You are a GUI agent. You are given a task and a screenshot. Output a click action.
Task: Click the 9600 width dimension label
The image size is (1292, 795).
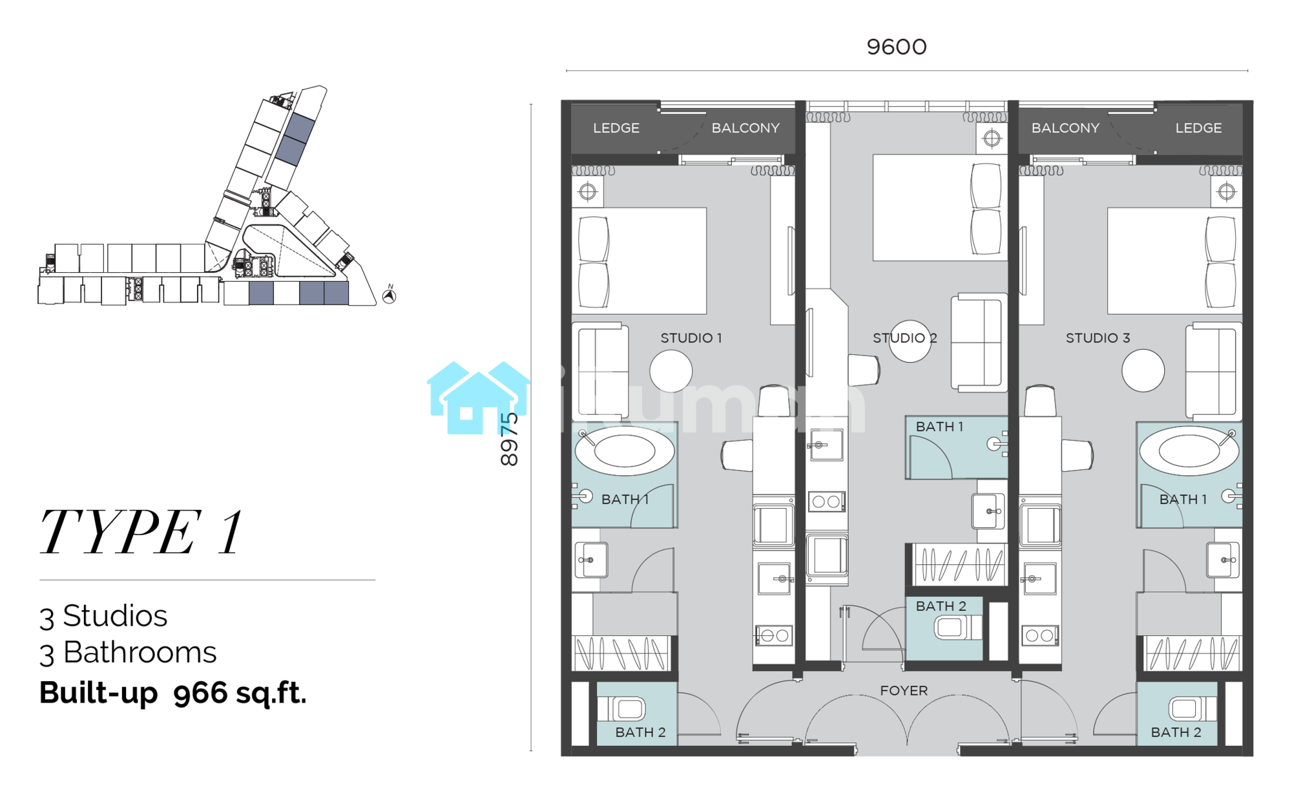pos(897,47)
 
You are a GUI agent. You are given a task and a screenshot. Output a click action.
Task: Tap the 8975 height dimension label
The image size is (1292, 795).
pos(510,440)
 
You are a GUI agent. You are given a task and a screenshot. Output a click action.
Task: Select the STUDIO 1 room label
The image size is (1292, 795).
pos(691,338)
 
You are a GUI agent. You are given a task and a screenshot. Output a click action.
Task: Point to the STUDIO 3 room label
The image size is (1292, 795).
pos(1098,338)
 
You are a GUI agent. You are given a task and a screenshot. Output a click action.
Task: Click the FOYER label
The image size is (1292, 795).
pos(904,691)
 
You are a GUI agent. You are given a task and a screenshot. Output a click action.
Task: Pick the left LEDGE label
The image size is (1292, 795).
pos(616,128)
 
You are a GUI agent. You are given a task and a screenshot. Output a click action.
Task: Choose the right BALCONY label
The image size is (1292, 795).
pos(1065,128)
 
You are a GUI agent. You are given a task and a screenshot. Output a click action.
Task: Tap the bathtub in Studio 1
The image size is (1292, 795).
pos(625,450)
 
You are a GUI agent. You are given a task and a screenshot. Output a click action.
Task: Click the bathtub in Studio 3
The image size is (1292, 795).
pos(1189,450)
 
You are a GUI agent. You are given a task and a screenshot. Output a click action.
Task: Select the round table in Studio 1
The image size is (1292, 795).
pos(671,371)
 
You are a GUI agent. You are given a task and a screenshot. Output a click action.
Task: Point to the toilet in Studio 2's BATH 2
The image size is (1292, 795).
pos(958,627)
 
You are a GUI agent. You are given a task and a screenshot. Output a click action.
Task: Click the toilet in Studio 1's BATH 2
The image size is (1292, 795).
pos(621,709)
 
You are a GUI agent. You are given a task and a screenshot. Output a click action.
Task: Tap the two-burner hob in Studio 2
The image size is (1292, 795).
pos(826,501)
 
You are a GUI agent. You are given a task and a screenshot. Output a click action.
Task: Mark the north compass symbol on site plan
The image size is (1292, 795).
pos(389,295)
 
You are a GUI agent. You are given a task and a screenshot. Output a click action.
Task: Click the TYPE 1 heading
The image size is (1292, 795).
pos(141,532)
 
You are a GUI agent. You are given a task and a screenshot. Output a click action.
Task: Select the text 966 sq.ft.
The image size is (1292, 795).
pos(240,694)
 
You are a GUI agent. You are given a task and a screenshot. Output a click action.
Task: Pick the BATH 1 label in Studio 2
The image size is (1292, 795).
pos(939,427)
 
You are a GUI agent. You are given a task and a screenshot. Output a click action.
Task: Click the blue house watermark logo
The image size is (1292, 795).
pos(479,397)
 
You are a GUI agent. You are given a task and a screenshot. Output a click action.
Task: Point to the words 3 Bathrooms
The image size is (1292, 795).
pos(128,653)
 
